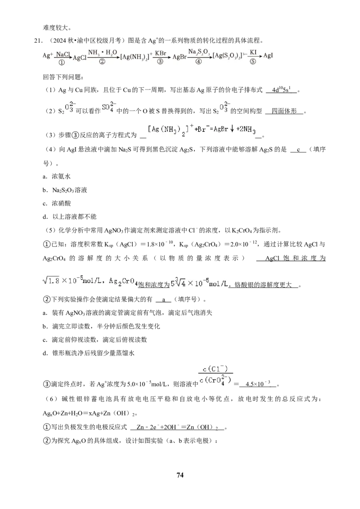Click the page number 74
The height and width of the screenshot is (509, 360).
(x=180, y=475)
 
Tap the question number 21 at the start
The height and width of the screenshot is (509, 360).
(x=38, y=41)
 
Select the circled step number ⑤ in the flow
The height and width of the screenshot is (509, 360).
(x=252, y=62)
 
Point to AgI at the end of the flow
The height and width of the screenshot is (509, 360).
(x=268, y=55)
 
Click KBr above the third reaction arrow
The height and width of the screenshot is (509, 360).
(x=161, y=53)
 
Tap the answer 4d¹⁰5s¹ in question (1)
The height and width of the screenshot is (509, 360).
(x=281, y=90)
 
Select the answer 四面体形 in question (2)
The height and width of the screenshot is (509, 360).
(x=284, y=111)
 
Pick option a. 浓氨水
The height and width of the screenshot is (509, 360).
(x=57, y=176)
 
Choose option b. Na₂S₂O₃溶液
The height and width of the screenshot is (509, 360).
(x=65, y=190)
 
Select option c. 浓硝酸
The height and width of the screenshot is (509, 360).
(x=57, y=203)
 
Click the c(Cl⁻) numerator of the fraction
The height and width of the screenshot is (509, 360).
(x=215, y=369)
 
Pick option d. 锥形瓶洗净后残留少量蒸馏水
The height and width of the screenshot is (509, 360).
(x=88, y=353)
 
